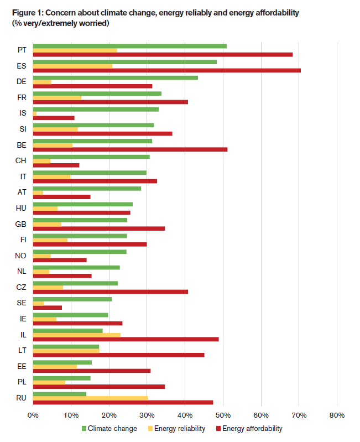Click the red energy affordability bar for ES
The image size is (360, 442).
(167, 70)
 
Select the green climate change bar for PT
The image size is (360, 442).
(130, 46)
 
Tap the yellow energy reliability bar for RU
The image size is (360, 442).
(91, 398)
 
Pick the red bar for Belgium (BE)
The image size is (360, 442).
(130, 149)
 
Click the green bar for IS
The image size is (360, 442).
(96, 110)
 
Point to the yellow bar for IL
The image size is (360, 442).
(77, 335)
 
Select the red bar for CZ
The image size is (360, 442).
(111, 292)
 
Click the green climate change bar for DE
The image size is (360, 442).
(116, 78)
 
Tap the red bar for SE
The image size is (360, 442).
(48, 308)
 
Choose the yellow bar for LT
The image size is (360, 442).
(66, 351)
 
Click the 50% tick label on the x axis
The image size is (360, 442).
(223, 415)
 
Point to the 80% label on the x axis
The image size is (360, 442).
(337, 415)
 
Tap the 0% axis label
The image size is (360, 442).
(33, 415)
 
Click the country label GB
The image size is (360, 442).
(20, 224)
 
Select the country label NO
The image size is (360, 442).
(20, 256)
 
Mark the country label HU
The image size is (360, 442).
(21, 209)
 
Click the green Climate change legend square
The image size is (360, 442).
(84, 429)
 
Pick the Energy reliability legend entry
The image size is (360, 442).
(176, 429)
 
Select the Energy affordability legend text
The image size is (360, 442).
(252, 429)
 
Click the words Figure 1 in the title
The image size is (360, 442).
(27, 13)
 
